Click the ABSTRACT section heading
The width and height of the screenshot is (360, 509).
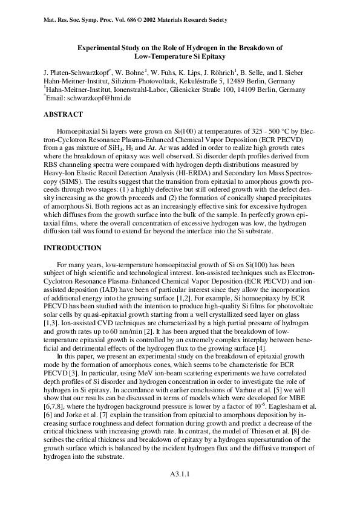[x=63, y=114]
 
